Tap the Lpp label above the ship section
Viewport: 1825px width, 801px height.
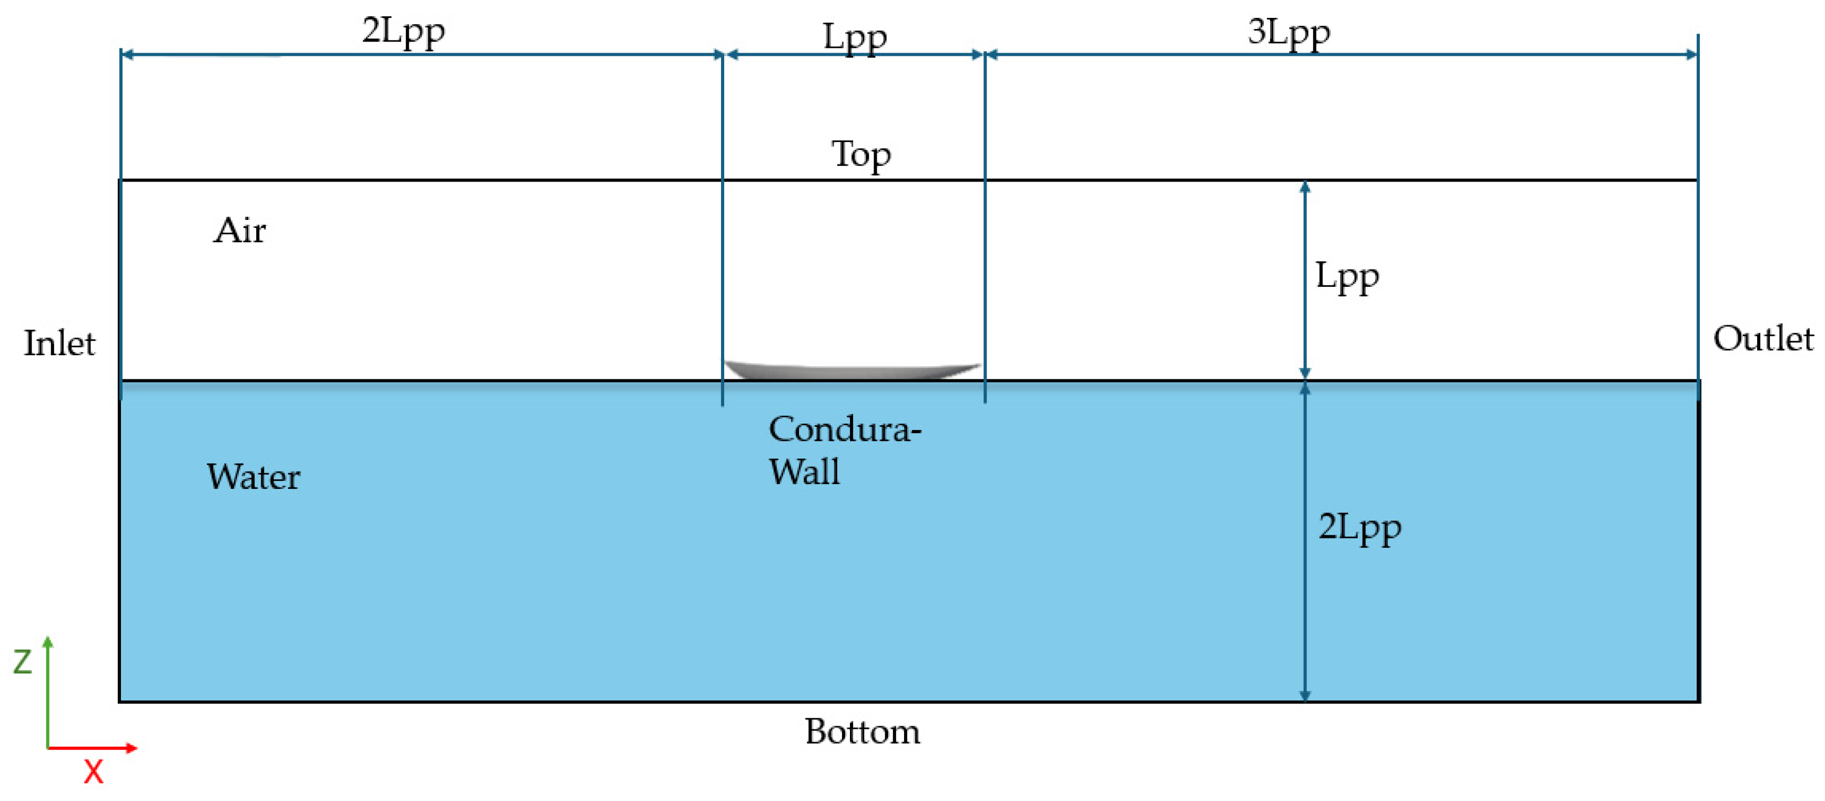tap(855, 37)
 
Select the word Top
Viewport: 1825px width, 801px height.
tap(861, 155)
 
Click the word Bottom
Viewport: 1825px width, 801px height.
tap(862, 732)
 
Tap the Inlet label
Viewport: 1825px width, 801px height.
tap(59, 344)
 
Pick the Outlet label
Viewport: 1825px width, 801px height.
tap(1762, 339)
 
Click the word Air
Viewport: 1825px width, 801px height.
tap(239, 231)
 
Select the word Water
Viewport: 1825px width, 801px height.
tap(253, 477)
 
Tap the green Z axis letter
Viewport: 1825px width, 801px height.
tap(23, 662)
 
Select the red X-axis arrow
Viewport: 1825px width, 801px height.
tap(92, 748)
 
